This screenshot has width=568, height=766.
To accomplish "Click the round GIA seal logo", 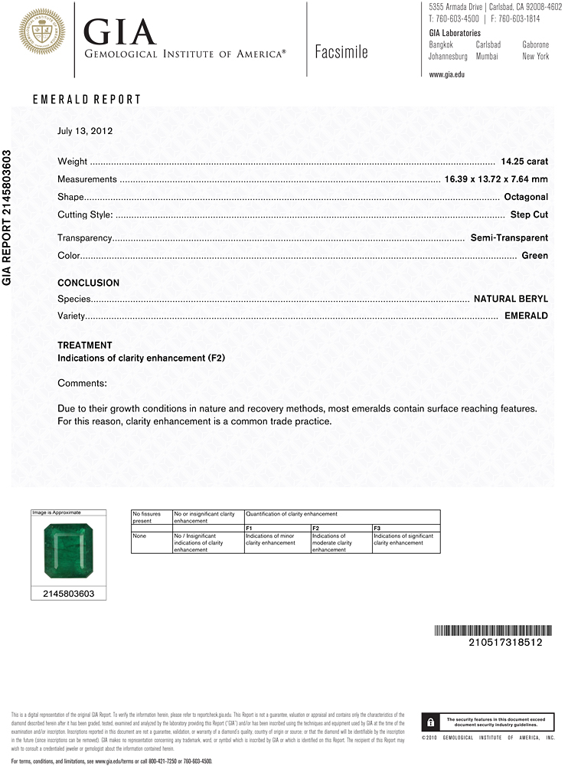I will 42,31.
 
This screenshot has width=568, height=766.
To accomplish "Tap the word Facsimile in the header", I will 341,52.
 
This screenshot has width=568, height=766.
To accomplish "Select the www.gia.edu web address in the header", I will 447,74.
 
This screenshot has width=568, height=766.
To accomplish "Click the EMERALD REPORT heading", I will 87,100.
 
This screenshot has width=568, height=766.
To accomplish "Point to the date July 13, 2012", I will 85,131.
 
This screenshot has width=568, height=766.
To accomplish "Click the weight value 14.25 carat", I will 524,162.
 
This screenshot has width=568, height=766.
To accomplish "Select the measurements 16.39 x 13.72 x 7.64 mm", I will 496,179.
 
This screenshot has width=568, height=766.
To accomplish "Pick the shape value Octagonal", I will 526,197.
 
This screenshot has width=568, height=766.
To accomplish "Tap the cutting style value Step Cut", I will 529,214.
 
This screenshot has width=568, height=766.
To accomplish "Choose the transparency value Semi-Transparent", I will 509,238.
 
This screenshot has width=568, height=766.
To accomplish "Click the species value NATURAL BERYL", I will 511,299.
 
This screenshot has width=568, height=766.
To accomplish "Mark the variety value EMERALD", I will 526,316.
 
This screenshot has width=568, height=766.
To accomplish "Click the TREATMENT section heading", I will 85,345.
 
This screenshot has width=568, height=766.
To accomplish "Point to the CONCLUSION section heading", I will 89,283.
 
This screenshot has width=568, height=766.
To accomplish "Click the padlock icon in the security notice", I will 432,722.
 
